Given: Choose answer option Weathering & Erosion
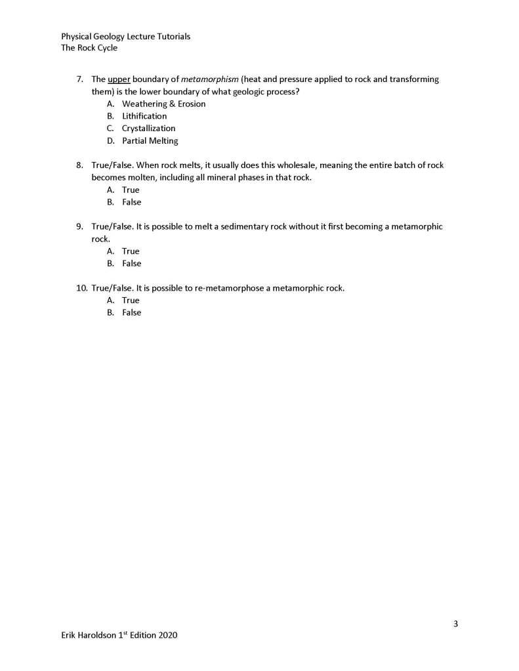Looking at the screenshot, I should pos(163,104).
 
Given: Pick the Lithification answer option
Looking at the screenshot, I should pos(144,116).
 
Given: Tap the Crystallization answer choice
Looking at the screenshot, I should pos(148,129).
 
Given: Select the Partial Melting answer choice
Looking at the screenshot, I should pos(150,141).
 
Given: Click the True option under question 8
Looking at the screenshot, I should pos(131,190).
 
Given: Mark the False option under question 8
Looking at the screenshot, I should pos(131,203).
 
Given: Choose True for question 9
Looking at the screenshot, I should pos(131,251).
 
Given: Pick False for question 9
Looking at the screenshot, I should pos(131,264).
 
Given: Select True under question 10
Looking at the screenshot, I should pos(131,300).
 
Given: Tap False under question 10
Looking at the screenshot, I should pos(131,313).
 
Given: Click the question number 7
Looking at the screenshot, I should pos(79,79).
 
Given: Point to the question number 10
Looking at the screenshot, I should pos(81,288).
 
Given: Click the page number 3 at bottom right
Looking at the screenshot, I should pos(455,623).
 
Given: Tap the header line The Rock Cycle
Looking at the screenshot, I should pos(89,48).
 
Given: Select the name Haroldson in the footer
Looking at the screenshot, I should pos(99,636).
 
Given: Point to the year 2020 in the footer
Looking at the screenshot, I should pos(168,636).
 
